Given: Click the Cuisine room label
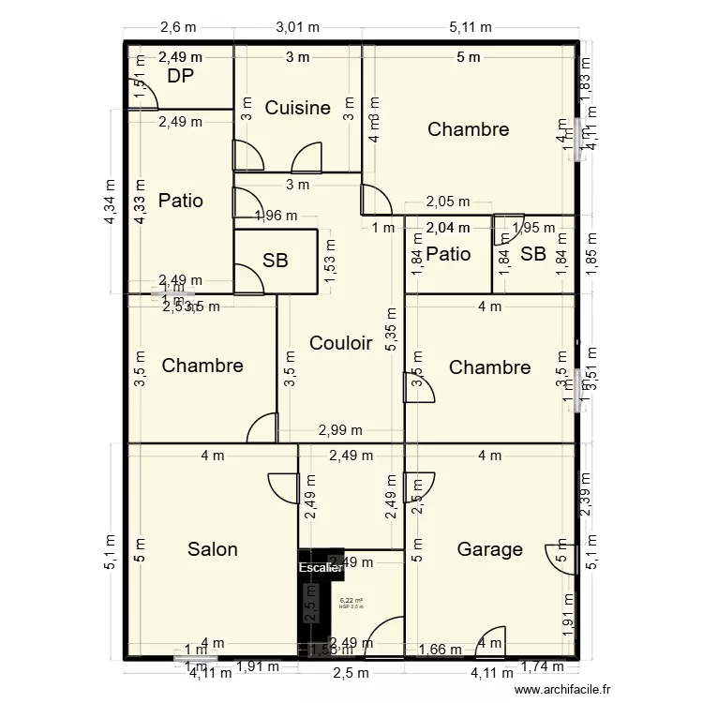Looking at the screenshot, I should tap(297, 108).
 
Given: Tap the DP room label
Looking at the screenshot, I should tap(181, 76).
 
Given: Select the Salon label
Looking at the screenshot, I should tap(212, 549).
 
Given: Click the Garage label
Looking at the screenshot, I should tap(489, 549).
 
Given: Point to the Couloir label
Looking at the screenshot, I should tap(341, 343).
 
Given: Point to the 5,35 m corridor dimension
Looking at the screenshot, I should tap(391, 331).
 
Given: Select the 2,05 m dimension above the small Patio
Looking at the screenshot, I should tap(448, 202).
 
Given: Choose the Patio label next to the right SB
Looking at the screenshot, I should tap(448, 254).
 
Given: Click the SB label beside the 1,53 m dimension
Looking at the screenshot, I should tap(275, 262).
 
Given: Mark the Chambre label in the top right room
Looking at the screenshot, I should tap(468, 129).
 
